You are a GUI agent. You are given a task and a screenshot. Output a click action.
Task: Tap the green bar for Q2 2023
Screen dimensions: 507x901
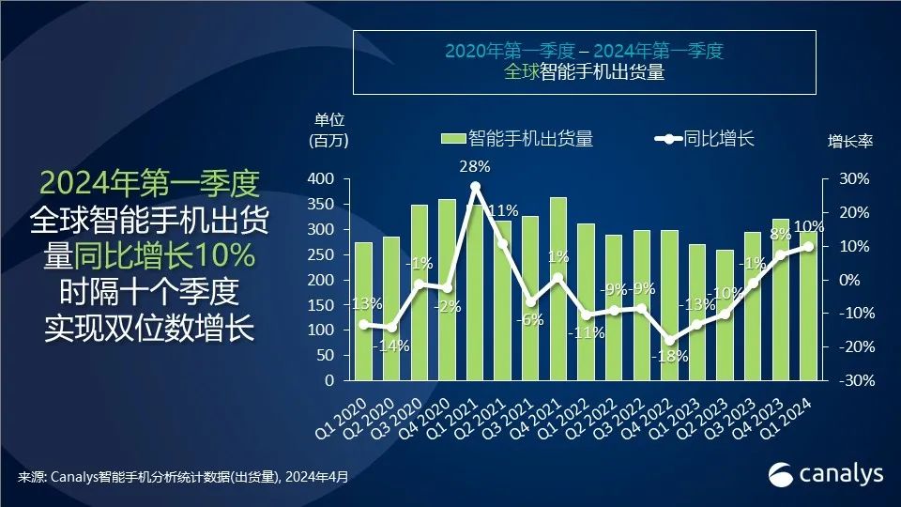pos(725,315)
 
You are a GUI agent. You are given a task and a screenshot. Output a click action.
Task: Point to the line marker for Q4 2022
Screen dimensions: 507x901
pos(669,341)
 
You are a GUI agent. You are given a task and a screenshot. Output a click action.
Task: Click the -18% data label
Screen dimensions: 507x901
pos(672,357)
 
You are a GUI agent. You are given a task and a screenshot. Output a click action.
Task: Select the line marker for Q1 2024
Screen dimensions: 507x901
pos(808,246)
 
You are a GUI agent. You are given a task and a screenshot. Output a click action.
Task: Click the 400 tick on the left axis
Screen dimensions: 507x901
pos(322,178)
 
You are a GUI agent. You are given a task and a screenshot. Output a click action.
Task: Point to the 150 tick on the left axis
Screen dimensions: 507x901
pos(322,305)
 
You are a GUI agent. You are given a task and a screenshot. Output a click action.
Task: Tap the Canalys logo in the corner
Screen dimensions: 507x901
pos(826,474)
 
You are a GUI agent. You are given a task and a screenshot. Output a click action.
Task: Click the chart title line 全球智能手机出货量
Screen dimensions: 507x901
pos(584,72)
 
